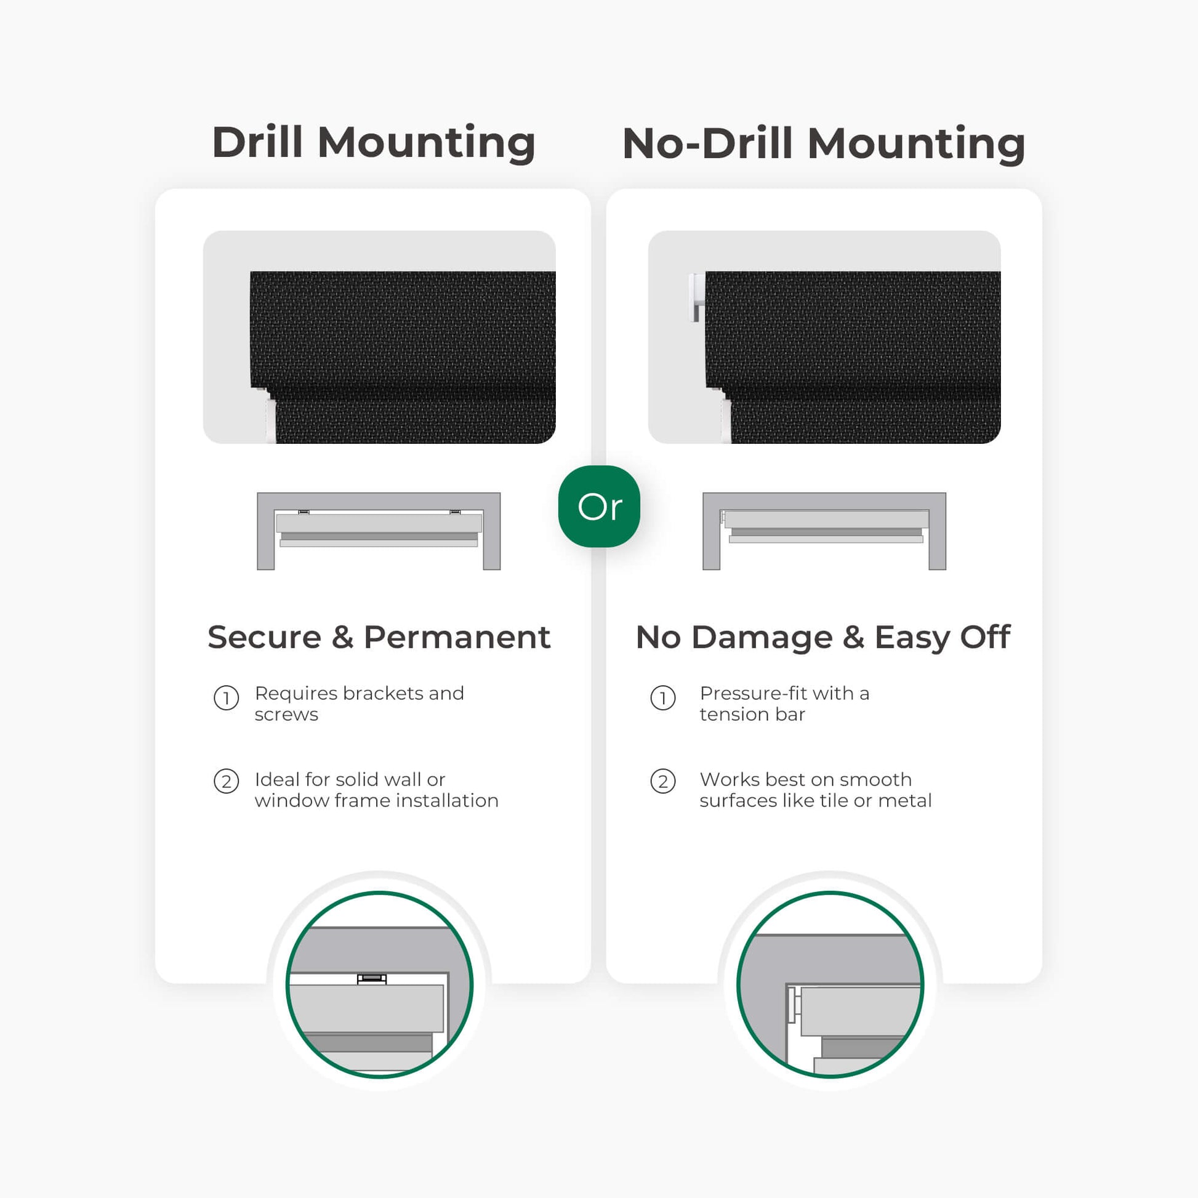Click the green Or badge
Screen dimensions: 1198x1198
599,506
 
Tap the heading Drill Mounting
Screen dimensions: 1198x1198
373,143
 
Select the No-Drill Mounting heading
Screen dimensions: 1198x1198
824,143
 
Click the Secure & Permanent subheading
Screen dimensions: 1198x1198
379,637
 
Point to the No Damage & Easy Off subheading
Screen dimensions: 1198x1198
823,638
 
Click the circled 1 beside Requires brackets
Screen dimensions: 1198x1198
227,698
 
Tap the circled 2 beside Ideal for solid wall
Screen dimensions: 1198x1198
227,781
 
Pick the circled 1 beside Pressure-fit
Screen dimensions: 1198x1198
663,698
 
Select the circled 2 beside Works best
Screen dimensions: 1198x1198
663,781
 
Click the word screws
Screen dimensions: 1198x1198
286,715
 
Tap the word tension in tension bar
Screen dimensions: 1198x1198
734,714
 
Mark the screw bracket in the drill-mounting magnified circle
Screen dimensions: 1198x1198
371,979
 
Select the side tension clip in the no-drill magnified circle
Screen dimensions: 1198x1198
793,1004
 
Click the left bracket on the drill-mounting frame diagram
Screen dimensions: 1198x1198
304,512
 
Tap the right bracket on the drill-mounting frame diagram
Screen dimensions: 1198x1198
455,512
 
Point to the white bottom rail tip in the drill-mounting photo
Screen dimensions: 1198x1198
271,421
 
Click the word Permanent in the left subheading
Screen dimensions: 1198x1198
457,637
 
